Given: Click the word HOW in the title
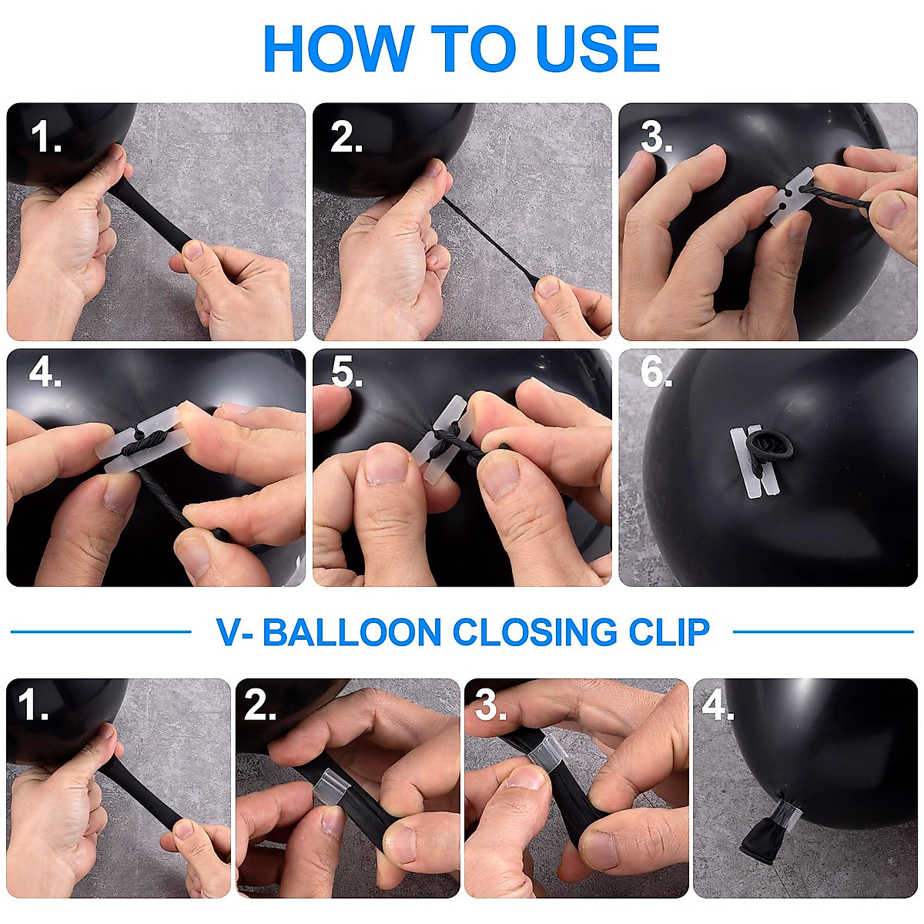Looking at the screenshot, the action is tap(339, 49).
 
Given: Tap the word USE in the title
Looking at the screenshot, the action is tap(598, 49).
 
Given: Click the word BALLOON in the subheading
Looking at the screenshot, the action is tap(352, 632).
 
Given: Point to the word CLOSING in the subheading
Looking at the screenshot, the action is tap(534, 632).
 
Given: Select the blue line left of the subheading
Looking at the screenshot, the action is tap(101, 632).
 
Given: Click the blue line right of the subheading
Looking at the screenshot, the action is tap(823, 632).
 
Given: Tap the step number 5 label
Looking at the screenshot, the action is tap(346, 372).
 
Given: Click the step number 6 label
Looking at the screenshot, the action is tap(656, 372).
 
